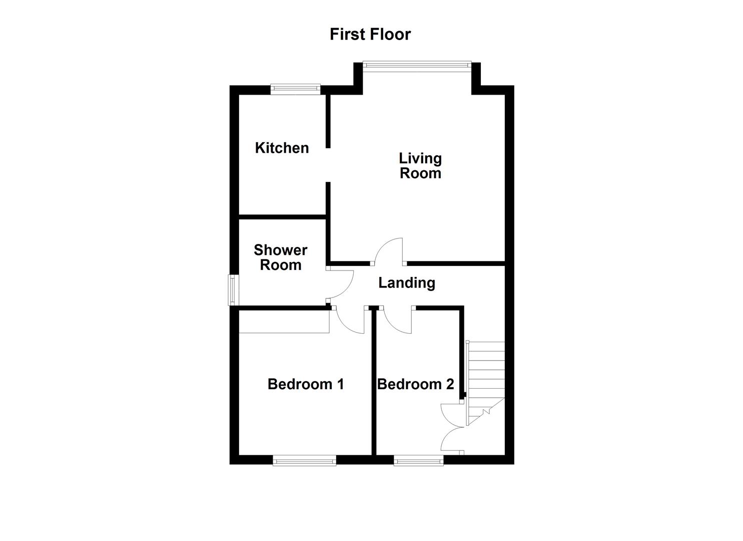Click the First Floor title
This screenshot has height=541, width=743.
tap(370, 34)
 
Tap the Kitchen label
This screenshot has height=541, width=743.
tap(282, 148)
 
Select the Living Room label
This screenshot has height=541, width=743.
tap(420, 166)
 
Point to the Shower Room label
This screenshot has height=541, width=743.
tap(281, 257)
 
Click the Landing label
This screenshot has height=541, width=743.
tap(406, 283)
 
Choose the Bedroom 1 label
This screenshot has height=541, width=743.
tap(306, 384)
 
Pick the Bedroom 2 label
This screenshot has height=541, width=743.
tap(415, 384)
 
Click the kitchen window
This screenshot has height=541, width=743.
tap(295, 89)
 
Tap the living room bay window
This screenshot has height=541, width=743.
tap(417, 64)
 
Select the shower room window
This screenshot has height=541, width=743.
tap(233, 290)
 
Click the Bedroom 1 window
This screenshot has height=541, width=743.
tap(304, 461)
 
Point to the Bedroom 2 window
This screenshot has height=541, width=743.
tap(418, 461)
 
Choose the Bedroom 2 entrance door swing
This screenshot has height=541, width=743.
tap(398, 321)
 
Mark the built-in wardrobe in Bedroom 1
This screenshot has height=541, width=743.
tap(284, 322)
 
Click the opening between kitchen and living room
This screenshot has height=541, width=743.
tap(328, 165)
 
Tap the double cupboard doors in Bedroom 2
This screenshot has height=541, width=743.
tap(452, 427)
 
